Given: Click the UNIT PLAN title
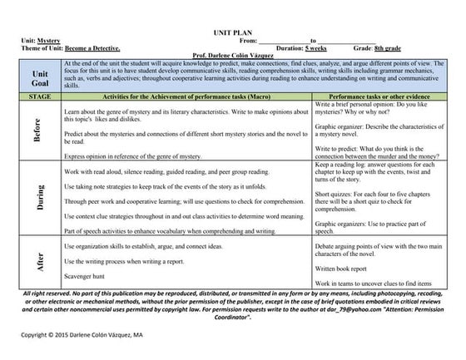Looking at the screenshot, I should point(232,30).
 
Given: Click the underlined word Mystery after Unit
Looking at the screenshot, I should point(48,39).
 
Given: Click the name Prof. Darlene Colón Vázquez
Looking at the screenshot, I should point(233,56).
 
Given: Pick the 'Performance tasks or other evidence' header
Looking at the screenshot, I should point(372,98).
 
